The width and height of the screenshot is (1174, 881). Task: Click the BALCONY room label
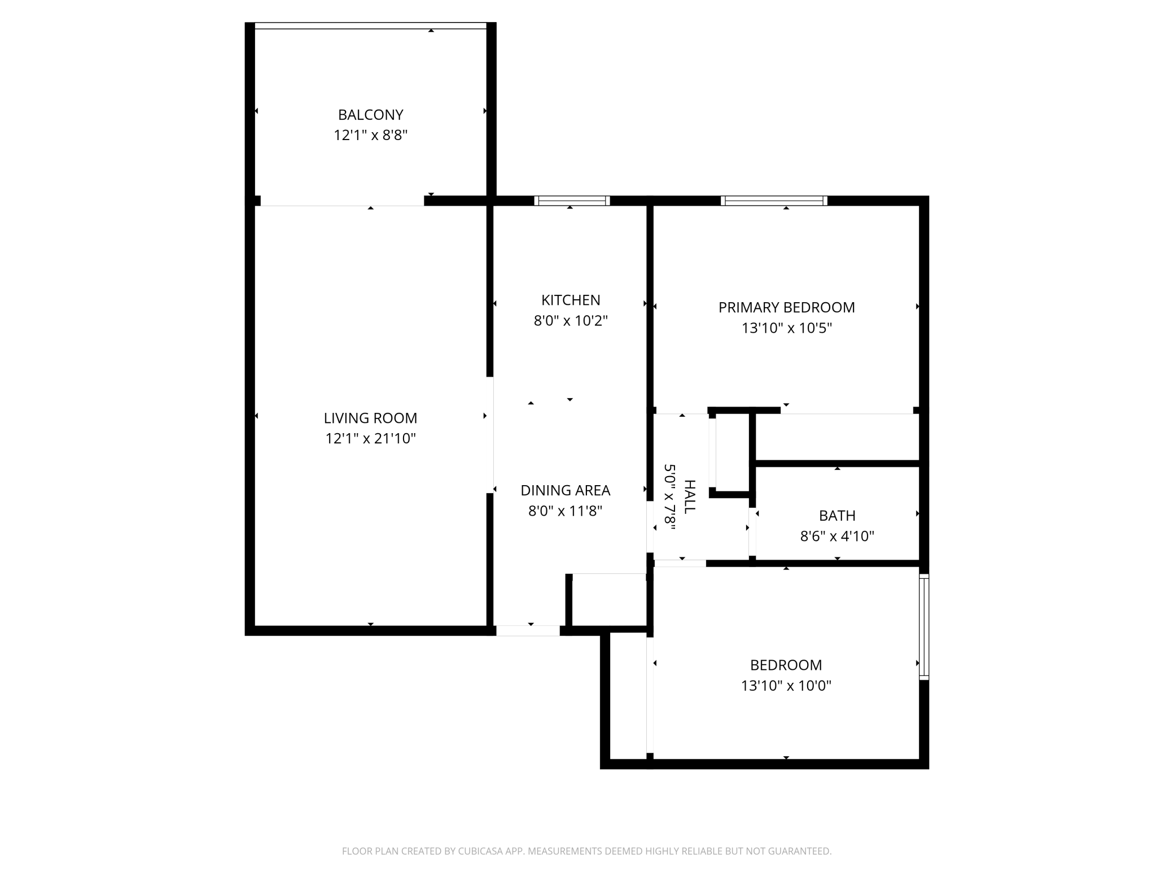tap(370, 115)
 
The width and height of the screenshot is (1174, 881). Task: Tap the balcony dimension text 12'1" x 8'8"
tap(370, 136)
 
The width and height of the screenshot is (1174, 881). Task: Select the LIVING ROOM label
tap(370, 418)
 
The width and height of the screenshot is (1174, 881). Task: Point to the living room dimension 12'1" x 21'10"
tap(370, 439)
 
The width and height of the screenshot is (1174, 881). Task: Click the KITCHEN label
tap(571, 300)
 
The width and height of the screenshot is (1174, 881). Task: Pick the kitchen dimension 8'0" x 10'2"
tap(571, 321)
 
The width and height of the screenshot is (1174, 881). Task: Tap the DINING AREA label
tap(565, 490)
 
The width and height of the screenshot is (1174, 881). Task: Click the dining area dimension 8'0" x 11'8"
tap(565, 511)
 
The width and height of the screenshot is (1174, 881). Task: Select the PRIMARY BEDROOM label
tap(786, 307)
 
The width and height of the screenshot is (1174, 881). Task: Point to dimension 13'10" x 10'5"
tap(786, 328)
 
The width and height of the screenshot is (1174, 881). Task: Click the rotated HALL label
tap(689, 496)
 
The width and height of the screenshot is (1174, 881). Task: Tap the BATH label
tap(837, 515)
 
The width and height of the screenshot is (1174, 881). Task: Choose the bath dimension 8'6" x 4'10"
tap(837, 536)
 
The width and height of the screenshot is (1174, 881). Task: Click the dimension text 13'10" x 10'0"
tap(786, 686)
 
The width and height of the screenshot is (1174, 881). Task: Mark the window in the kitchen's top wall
tap(572, 200)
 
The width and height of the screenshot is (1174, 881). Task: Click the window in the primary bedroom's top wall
tap(774, 200)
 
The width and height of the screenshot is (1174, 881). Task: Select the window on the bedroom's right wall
tap(924, 626)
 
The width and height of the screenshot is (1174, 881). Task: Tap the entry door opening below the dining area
tap(528, 630)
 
